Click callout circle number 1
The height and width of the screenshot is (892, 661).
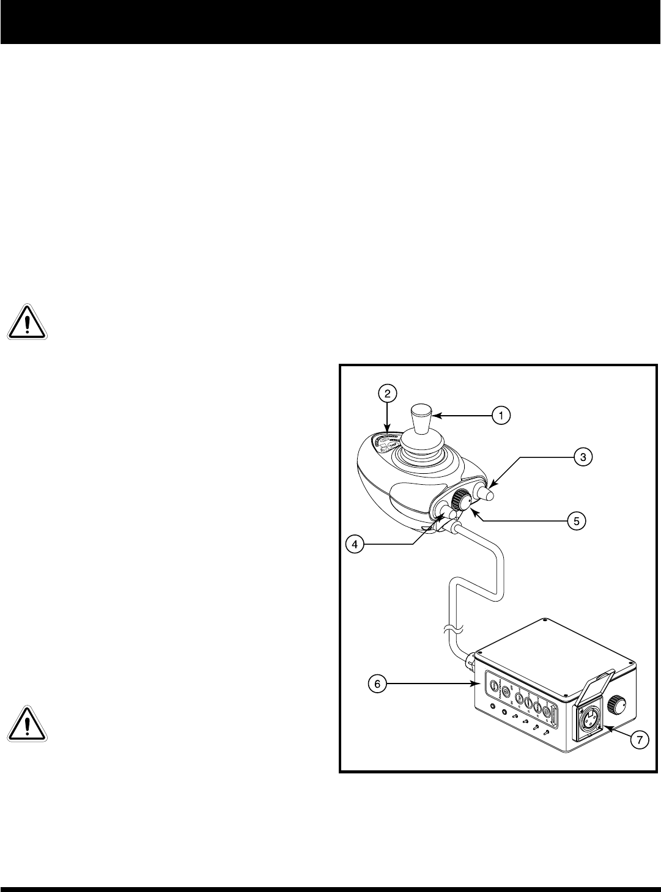[x=500, y=416]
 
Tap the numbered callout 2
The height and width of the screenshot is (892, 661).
[x=388, y=393]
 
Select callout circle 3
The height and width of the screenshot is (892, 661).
[x=583, y=456]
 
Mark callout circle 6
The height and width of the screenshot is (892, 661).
[x=378, y=684]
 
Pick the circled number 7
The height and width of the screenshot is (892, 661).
[x=639, y=740]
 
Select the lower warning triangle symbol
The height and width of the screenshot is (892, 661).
[x=28, y=724]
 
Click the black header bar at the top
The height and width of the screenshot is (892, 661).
[x=330, y=21]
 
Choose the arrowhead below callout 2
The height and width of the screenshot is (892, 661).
[x=388, y=432]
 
